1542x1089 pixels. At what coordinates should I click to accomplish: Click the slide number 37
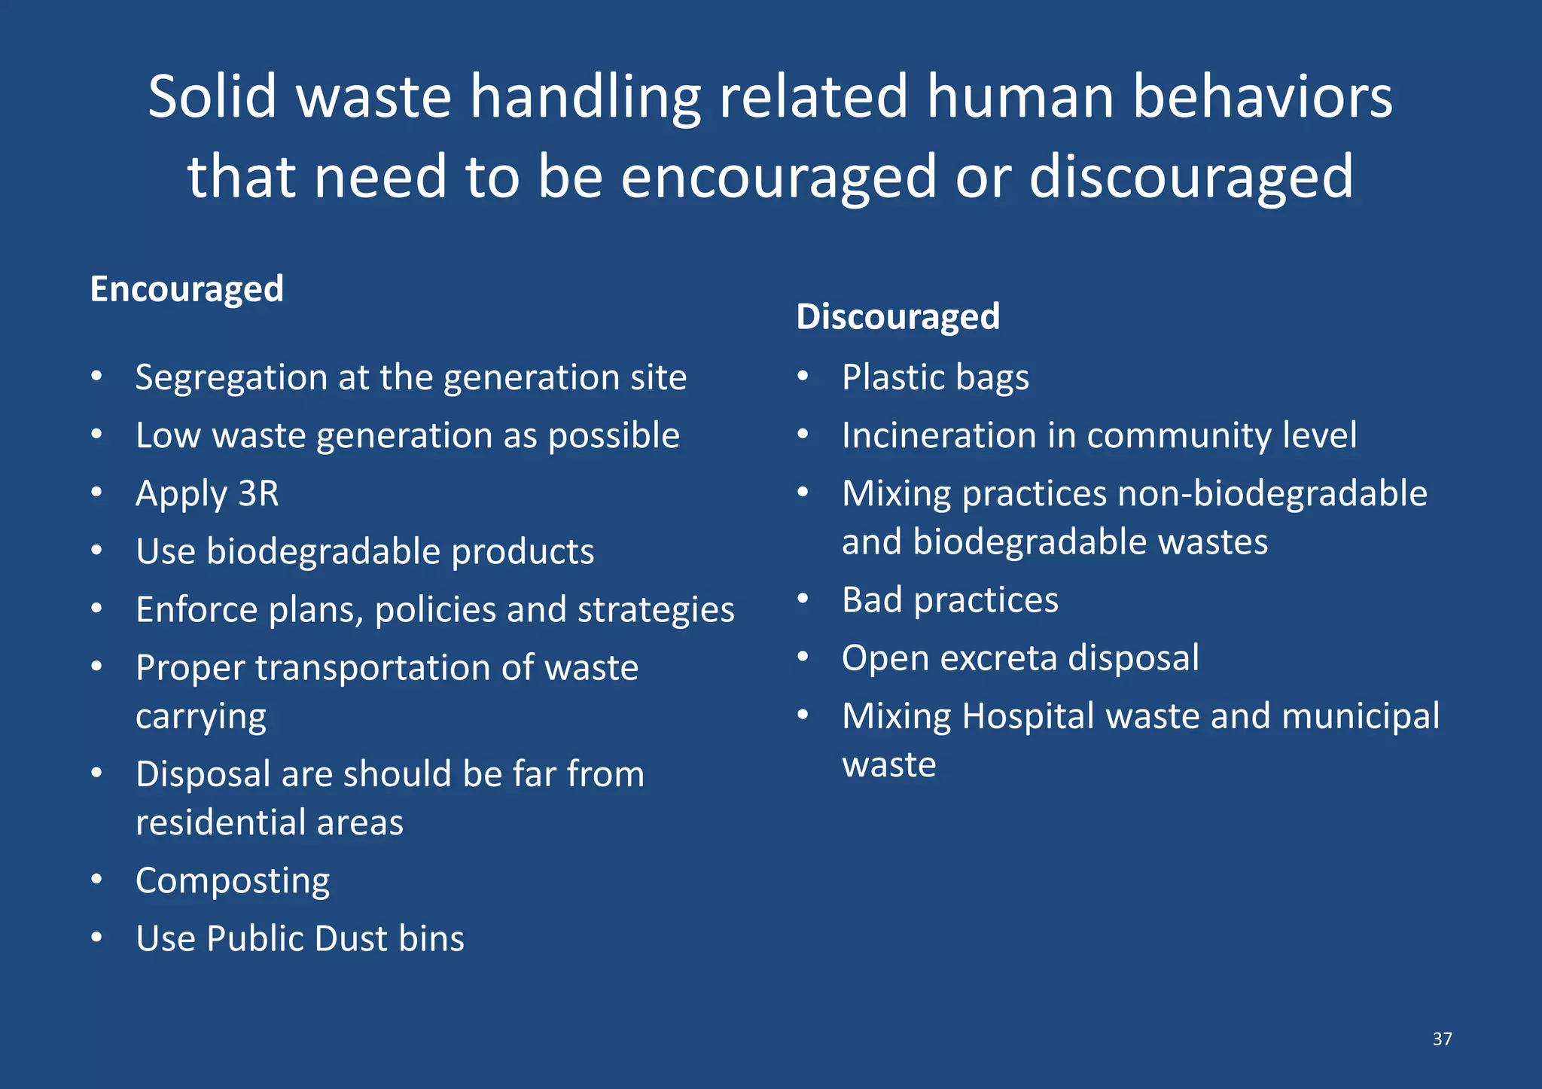coord(1442,1039)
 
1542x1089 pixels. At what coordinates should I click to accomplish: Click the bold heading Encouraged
coord(187,289)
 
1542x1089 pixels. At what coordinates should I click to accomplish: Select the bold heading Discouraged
coord(897,316)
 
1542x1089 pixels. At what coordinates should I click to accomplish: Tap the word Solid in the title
coord(212,98)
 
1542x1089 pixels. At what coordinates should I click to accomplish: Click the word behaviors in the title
coord(1262,98)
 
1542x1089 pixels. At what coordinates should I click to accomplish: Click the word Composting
coord(233,881)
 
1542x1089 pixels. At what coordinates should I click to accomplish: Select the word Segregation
coord(231,378)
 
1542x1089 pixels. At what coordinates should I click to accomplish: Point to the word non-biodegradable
coord(1272,494)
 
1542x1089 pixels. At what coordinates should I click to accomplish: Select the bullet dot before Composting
coord(96,880)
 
